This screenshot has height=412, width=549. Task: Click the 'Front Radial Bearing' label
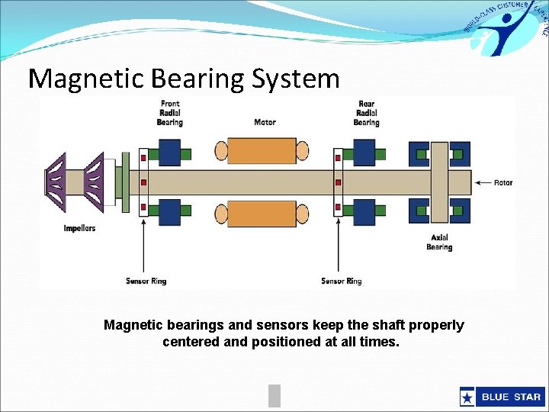170,113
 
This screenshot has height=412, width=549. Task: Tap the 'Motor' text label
265,122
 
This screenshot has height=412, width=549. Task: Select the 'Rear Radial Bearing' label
366,113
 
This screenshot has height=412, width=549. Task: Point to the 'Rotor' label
503,183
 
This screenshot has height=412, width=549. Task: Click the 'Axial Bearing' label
439,243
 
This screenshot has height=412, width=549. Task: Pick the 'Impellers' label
79,229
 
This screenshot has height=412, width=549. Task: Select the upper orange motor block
262,150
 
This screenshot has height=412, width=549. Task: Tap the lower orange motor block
262,214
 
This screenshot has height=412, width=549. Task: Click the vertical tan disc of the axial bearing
438,182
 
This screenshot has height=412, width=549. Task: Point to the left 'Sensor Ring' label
146,282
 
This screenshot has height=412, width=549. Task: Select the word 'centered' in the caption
191,342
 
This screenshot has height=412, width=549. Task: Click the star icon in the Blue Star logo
467,397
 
